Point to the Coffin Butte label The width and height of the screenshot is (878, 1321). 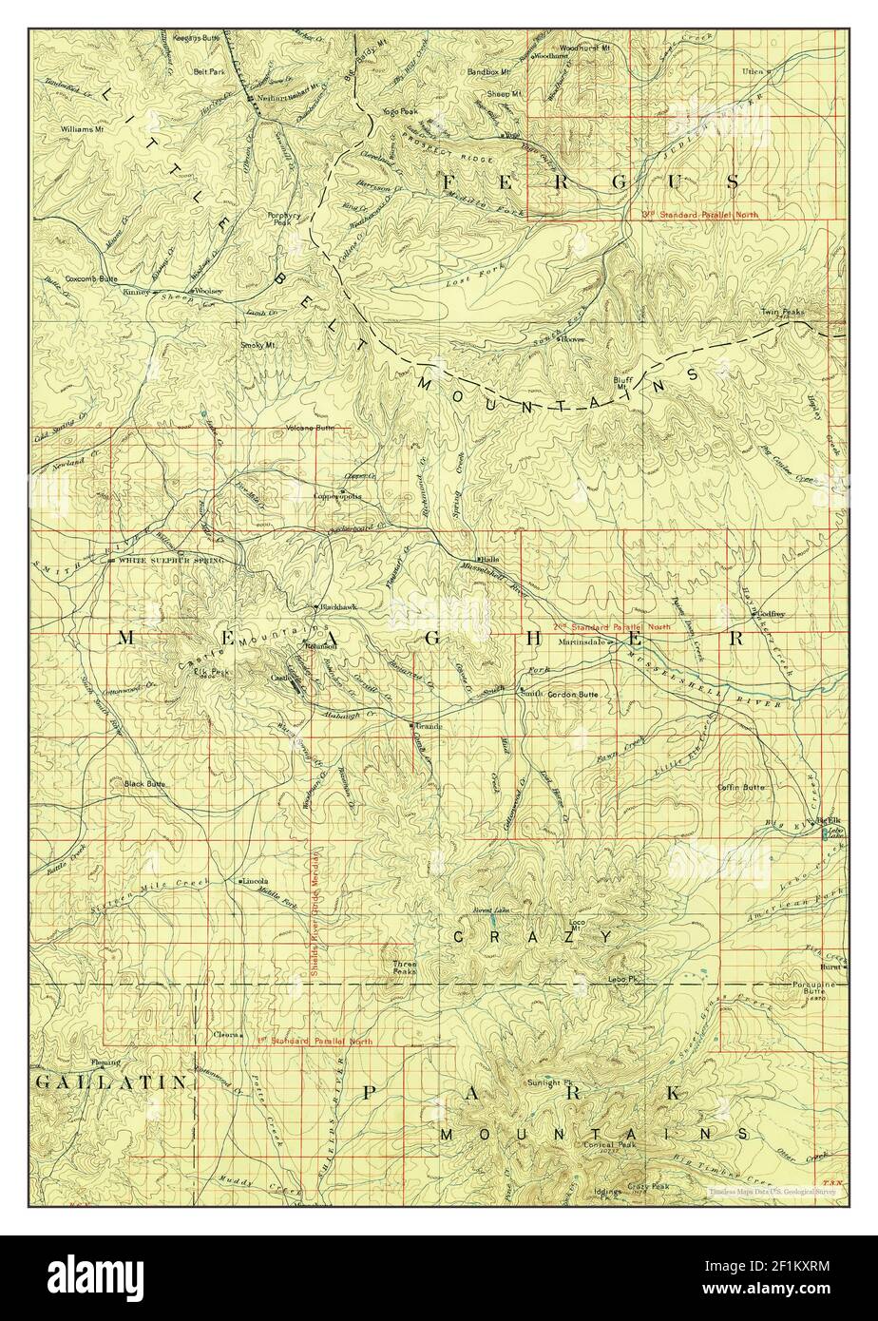coord(741,788)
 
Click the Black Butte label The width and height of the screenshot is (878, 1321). coord(144,784)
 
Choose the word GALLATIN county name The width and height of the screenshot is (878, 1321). coord(97,1082)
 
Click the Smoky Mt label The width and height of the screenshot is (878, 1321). coord(258,345)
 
